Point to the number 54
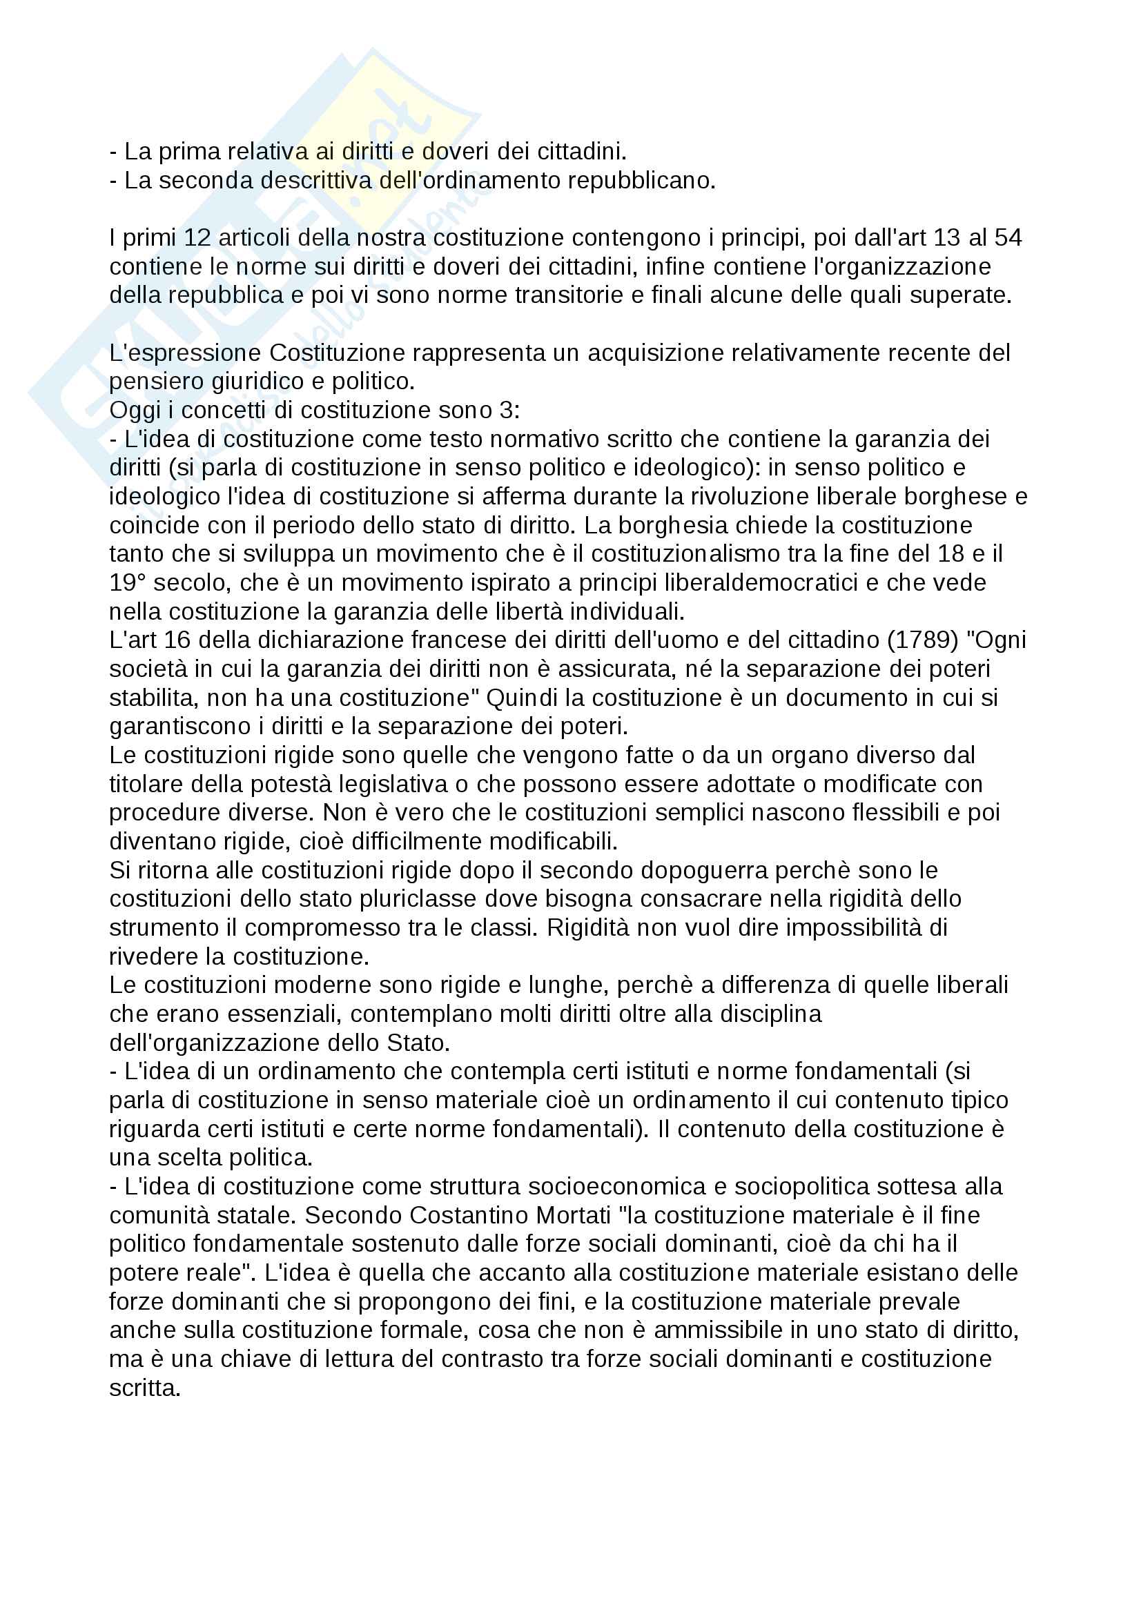tap(1007, 237)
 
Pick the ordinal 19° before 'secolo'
tap(127, 583)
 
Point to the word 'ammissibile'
tap(718, 1330)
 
